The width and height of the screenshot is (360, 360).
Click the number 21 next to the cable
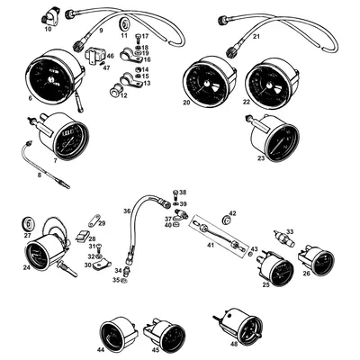pos(256,37)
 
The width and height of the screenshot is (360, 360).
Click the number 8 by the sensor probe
pos(39,175)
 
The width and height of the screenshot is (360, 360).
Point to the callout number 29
pos(102,223)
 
